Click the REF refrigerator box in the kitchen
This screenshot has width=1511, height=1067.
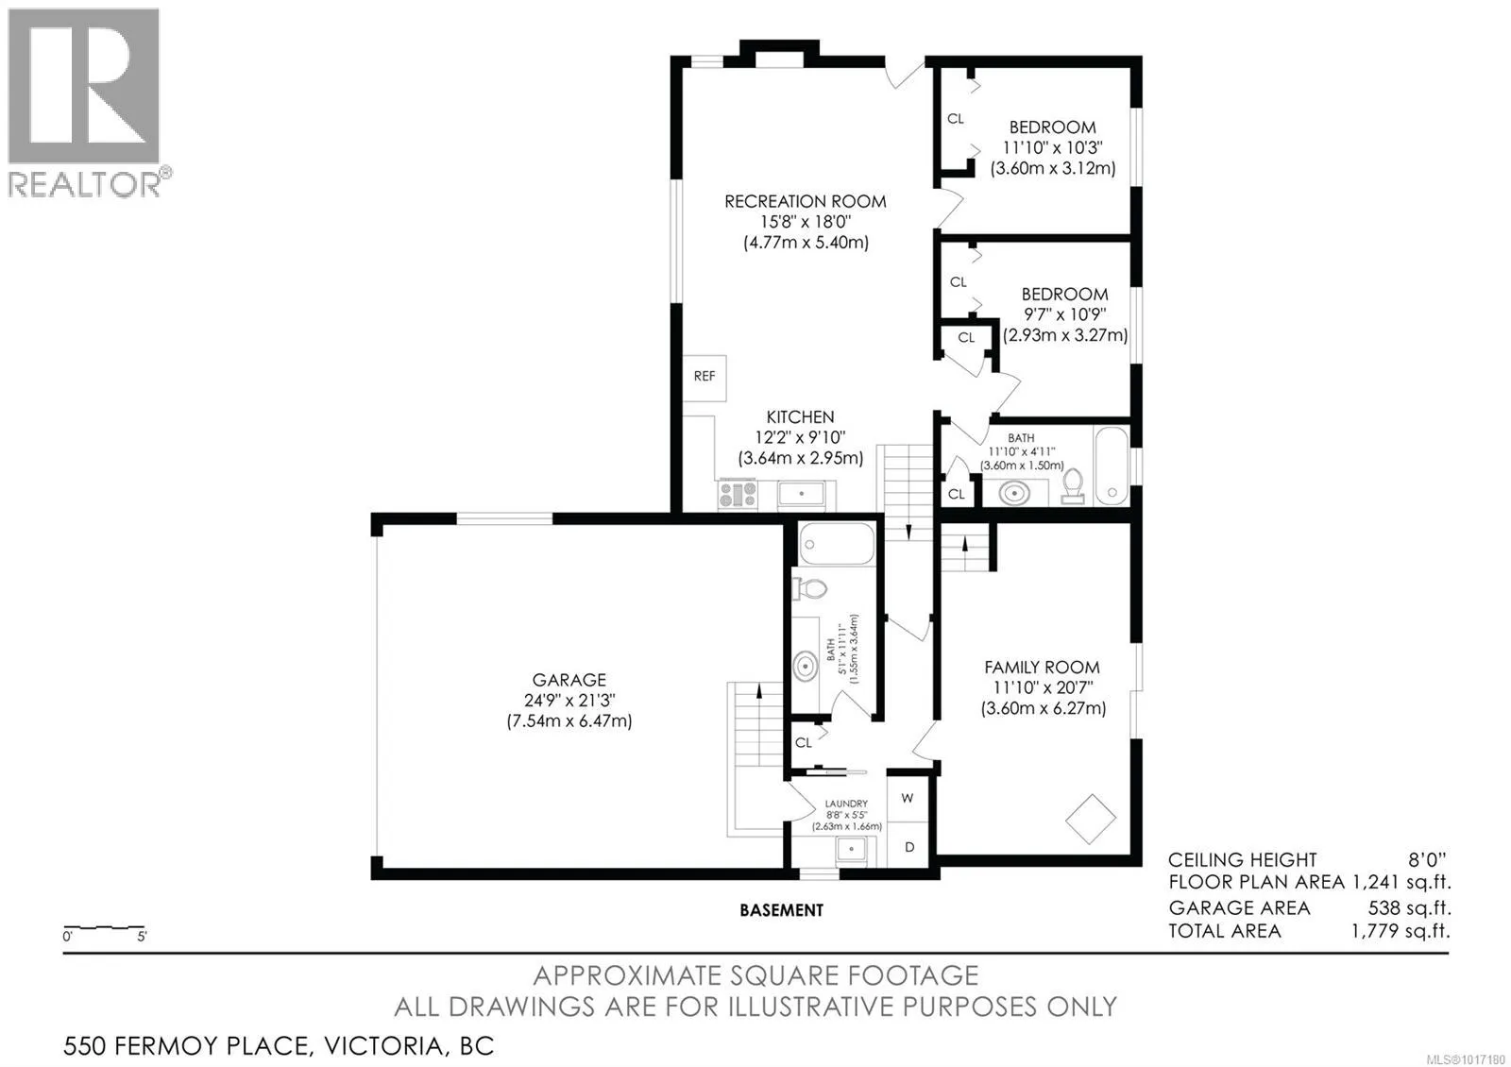[705, 379]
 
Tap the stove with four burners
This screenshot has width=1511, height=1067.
[738, 494]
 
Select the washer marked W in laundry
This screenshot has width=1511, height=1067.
[908, 799]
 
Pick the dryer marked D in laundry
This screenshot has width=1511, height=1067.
[908, 846]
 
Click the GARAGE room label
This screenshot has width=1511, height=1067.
[569, 680]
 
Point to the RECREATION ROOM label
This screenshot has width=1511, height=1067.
[806, 202]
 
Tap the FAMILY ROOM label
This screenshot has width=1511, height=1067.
[1043, 668]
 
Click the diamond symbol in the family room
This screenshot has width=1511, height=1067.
[1091, 819]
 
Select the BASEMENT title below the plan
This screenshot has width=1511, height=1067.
[782, 910]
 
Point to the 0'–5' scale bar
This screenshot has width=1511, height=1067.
[104, 928]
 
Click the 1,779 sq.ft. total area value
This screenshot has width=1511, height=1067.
[1401, 931]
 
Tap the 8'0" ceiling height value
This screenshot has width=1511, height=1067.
[1427, 860]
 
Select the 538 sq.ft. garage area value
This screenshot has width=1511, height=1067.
[1409, 907]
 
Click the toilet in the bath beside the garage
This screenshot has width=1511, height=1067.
[809, 589]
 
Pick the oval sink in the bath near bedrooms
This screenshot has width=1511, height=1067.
[1014, 493]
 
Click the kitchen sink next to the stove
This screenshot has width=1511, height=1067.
[801, 495]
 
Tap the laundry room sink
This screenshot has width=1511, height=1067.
[851, 851]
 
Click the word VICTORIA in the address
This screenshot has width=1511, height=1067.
[383, 1046]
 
